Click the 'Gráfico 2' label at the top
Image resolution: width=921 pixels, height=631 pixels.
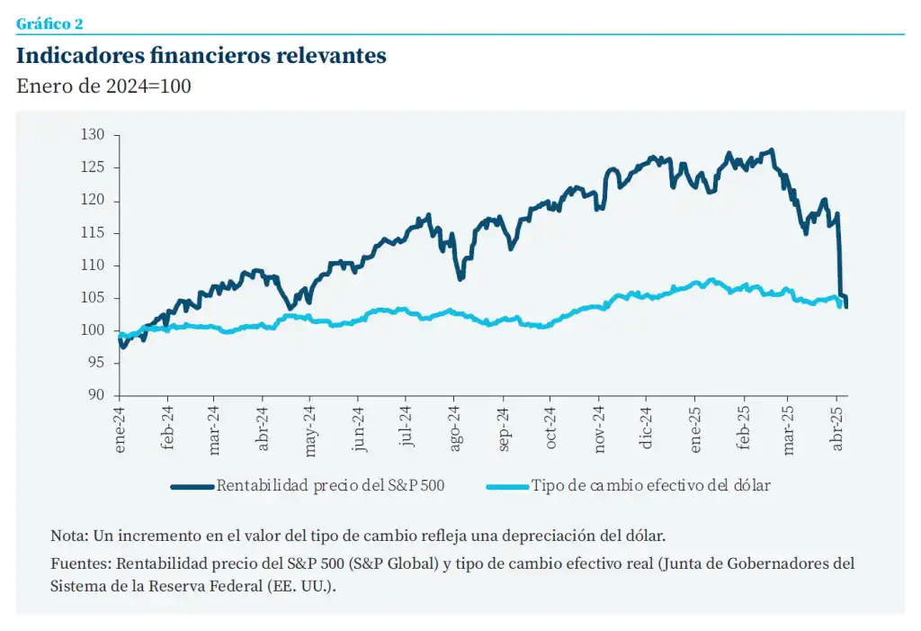click(x=49, y=24)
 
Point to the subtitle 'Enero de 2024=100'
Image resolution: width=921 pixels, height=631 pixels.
click(x=103, y=86)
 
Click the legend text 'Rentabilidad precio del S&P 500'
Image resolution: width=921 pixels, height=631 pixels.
click(x=330, y=486)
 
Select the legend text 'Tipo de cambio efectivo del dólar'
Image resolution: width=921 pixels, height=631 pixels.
click(x=650, y=486)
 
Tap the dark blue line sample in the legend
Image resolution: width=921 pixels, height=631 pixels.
click(x=192, y=486)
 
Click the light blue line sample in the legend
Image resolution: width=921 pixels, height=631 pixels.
click(x=507, y=486)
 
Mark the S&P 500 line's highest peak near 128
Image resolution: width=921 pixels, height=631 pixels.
click(x=772, y=150)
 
